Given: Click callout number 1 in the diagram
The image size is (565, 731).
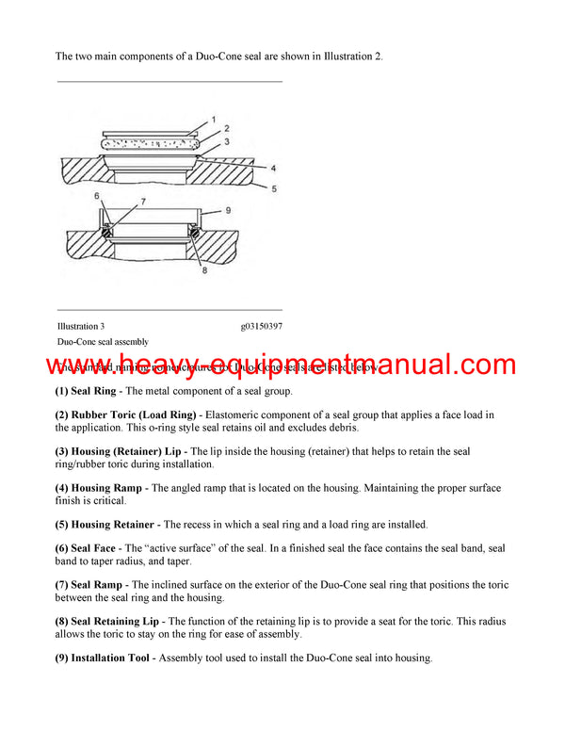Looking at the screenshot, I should tap(213, 120).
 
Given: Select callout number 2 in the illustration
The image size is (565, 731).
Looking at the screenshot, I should tap(226, 127).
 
